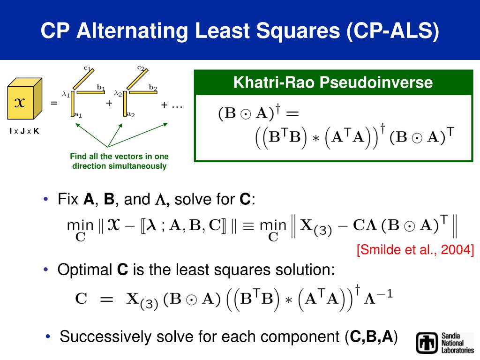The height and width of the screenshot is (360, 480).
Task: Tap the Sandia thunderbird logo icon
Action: point(427,343)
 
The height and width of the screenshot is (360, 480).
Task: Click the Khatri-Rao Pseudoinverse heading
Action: point(333,83)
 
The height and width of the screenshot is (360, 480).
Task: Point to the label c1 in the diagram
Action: point(87,68)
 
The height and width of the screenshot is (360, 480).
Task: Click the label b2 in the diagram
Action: point(153,87)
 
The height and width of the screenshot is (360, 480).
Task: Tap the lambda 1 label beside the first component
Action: point(66,94)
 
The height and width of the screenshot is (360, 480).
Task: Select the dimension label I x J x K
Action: point(24,131)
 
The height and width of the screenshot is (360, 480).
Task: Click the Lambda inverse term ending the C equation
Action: point(382,297)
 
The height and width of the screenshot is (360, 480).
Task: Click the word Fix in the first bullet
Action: point(67,200)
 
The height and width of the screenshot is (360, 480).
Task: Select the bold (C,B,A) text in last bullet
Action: point(370,337)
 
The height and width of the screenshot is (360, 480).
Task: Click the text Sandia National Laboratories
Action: point(457,343)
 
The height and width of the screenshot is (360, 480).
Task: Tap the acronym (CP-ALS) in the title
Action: point(393,31)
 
